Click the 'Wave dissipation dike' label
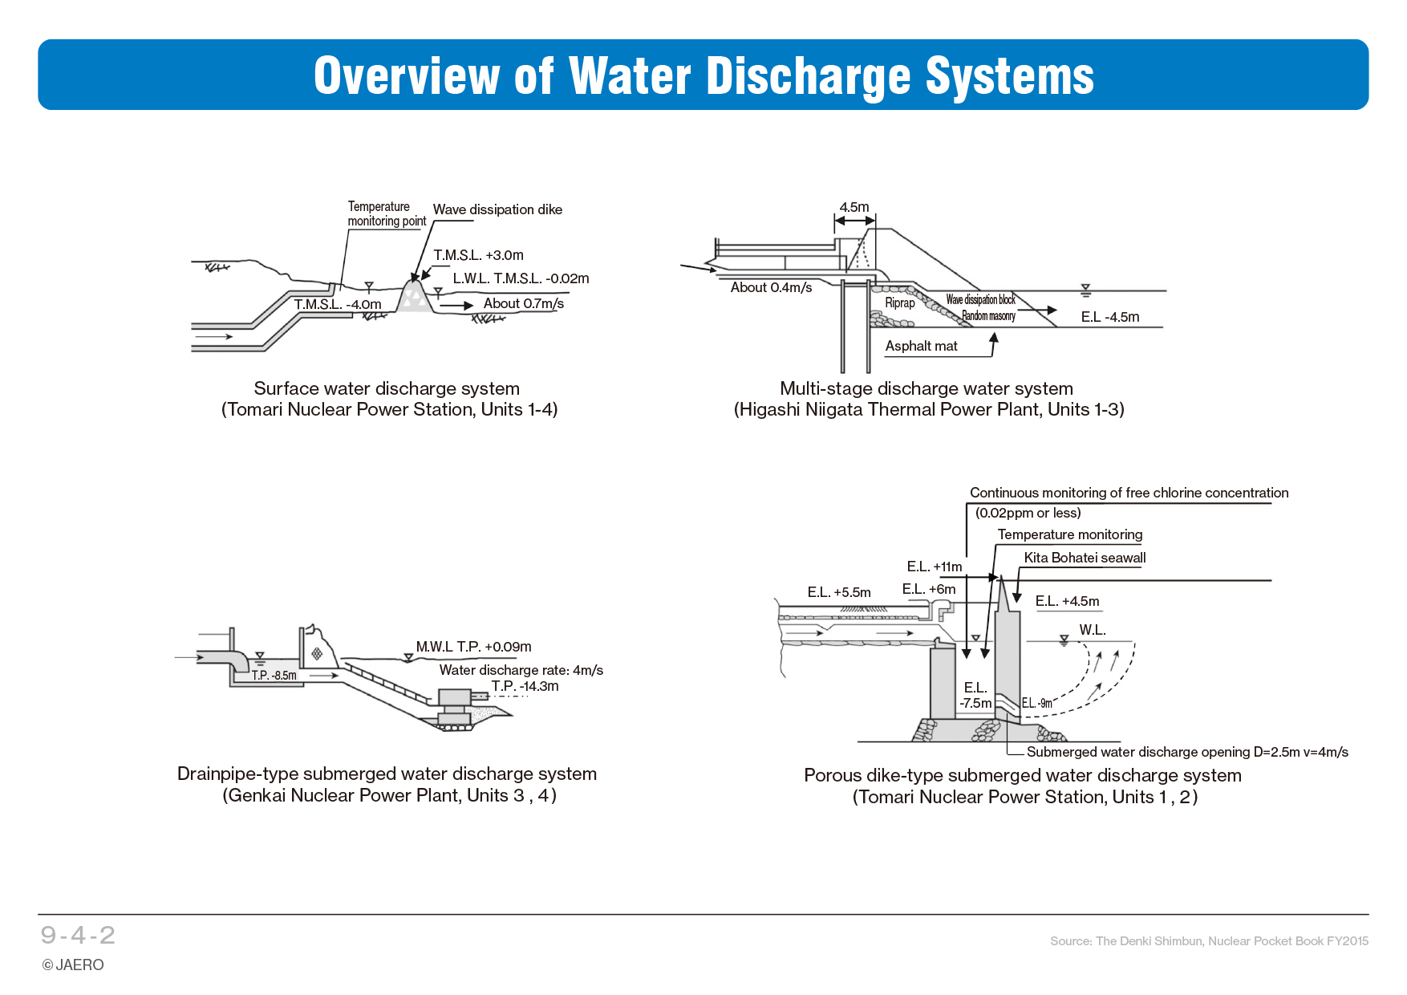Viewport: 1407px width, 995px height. pyautogui.click(x=497, y=209)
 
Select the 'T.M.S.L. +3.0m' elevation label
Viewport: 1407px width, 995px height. pyautogui.click(x=478, y=255)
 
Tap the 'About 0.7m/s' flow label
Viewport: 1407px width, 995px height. pyautogui.click(x=523, y=303)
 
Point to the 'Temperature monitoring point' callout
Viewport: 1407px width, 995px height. pyautogui.click(x=386, y=213)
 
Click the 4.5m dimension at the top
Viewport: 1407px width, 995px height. pyautogui.click(x=854, y=207)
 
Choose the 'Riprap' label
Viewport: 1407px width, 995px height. pyautogui.click(x=899, y=303)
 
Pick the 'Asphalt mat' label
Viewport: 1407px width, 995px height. pyautogui.click(x=921, y=346)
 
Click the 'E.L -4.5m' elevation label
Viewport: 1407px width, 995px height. pyautogui.click(x=1109, y=317)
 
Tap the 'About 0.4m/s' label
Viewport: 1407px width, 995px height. pyautogui.click(x=771, y=287)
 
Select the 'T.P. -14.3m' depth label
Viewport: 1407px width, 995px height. pyautogui.click(x=525, y=686)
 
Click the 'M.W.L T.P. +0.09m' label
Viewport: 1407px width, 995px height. pyautogui.click(x=473, y=647)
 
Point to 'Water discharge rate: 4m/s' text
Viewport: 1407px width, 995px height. pyautogui.click(x=521, y=670)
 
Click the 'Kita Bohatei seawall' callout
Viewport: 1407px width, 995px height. pyautogui.click(x=1085, y=558)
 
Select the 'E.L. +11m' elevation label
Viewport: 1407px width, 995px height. pyautogui.click(x=934, y=567)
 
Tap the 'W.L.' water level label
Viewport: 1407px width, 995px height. pyautogui.click(x=1092, y=630)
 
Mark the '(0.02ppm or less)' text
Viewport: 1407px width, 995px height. pyautogui.click(x=1028, y=513)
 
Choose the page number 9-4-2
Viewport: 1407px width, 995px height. pyautogui.click(x=78, y=935)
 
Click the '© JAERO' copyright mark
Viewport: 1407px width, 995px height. pyautogui.click(x=73, y=965)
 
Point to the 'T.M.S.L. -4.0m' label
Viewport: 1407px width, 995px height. pyautogui.click(x=337, y=304)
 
